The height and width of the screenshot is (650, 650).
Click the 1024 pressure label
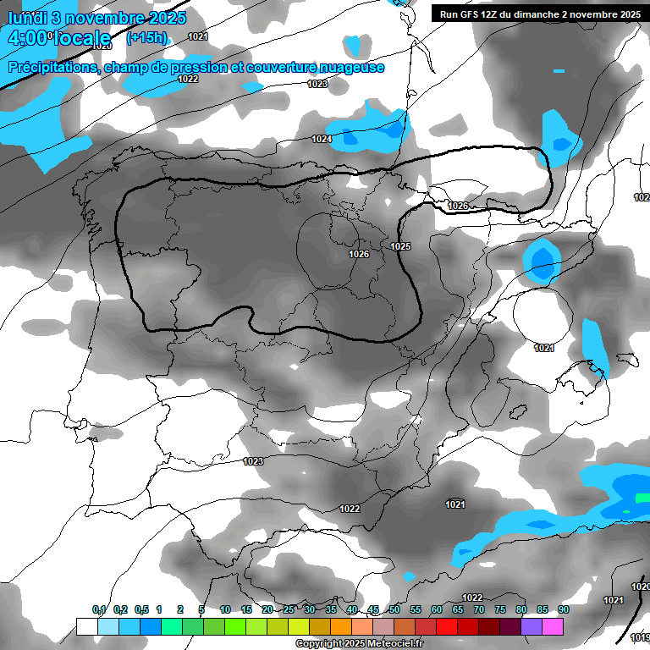322,139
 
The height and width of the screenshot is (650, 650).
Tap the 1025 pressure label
400,246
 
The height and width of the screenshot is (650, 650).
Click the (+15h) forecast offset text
146,37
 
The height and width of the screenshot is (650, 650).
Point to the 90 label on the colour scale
563,609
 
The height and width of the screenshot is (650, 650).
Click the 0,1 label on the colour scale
99,609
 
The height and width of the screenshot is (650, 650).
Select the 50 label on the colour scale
394,609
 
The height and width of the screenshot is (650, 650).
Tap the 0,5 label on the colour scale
141,609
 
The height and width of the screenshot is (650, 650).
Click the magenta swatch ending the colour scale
553,626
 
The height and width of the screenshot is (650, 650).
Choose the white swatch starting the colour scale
86,626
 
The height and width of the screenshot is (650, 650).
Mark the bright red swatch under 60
446,626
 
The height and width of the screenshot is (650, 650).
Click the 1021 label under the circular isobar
543,348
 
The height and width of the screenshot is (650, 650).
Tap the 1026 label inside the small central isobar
359,254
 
